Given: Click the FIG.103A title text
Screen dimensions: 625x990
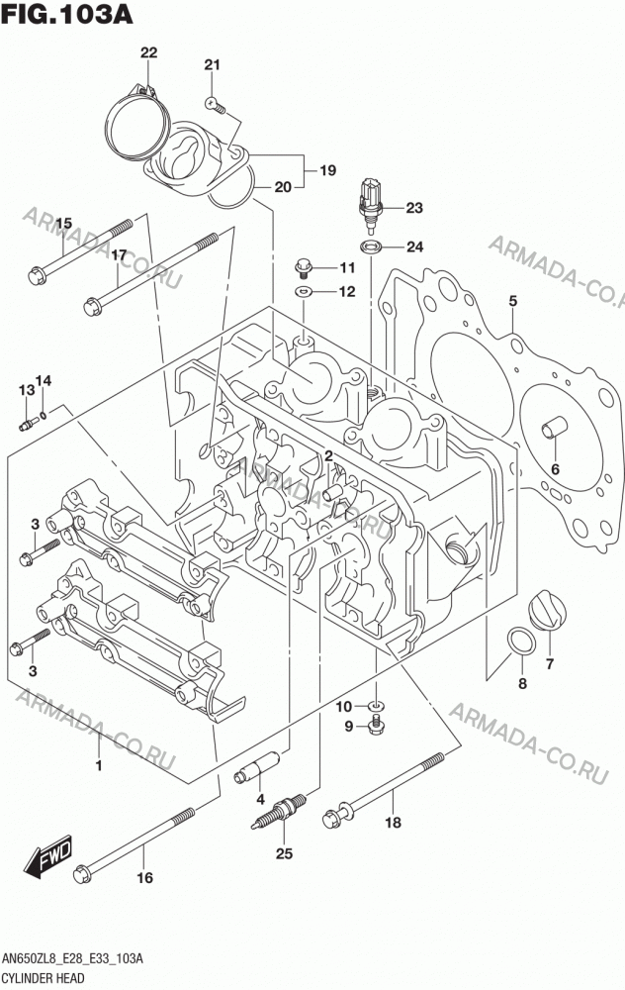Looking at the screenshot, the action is click(x=66, y=13).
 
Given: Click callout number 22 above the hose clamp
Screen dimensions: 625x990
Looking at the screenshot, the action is click(x=149, y=52).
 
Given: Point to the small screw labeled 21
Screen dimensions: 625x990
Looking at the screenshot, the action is click(x=216, y=105).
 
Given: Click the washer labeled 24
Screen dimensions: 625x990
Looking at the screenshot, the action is click(x=370, y=247).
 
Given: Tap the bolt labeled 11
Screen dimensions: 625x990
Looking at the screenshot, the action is click(x=304, y=267).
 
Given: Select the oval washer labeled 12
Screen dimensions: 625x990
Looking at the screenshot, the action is click(x=304, y=292).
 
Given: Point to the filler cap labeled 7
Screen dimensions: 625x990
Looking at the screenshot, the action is click(x=548, y=610).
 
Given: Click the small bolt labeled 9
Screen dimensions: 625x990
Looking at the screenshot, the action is click(x=376, y=725).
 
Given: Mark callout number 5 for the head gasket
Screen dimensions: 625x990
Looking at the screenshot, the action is click(x=512, y=301).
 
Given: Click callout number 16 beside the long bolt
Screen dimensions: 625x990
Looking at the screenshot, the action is click(x=145, y=877).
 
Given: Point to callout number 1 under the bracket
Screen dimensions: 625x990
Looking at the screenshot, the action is click(x=98, y=765).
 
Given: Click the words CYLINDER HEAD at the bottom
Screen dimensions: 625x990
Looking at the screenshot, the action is click(x=44, y=979).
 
